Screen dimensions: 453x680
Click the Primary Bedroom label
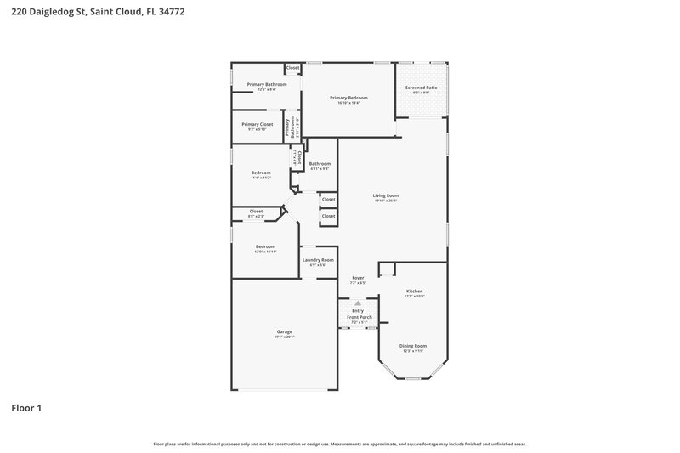coord(348,98)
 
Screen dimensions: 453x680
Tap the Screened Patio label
coord(420,88)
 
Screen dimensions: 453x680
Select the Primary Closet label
coord(257,124)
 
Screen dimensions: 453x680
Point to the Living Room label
coord(385,195)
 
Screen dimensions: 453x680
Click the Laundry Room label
coord(319,260)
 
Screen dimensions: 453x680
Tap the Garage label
coord(284,331)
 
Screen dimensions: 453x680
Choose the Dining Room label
coord(413,346)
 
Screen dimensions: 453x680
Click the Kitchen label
coord(414,291)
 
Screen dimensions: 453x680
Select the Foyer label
coord(358,278)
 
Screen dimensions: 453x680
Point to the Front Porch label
coord(358,317)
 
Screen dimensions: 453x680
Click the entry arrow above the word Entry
coord(358,303)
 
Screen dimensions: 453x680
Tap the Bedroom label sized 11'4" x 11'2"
coord(261,173)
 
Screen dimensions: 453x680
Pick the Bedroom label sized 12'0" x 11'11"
coord(266,246)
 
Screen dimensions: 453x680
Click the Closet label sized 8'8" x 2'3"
coord(256,212)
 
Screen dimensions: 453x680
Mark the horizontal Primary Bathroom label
coord(267,84)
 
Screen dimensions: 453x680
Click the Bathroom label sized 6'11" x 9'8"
coord(320,164)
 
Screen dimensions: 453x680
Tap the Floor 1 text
coord(26,409)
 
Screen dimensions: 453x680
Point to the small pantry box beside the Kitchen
coord(387,269)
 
